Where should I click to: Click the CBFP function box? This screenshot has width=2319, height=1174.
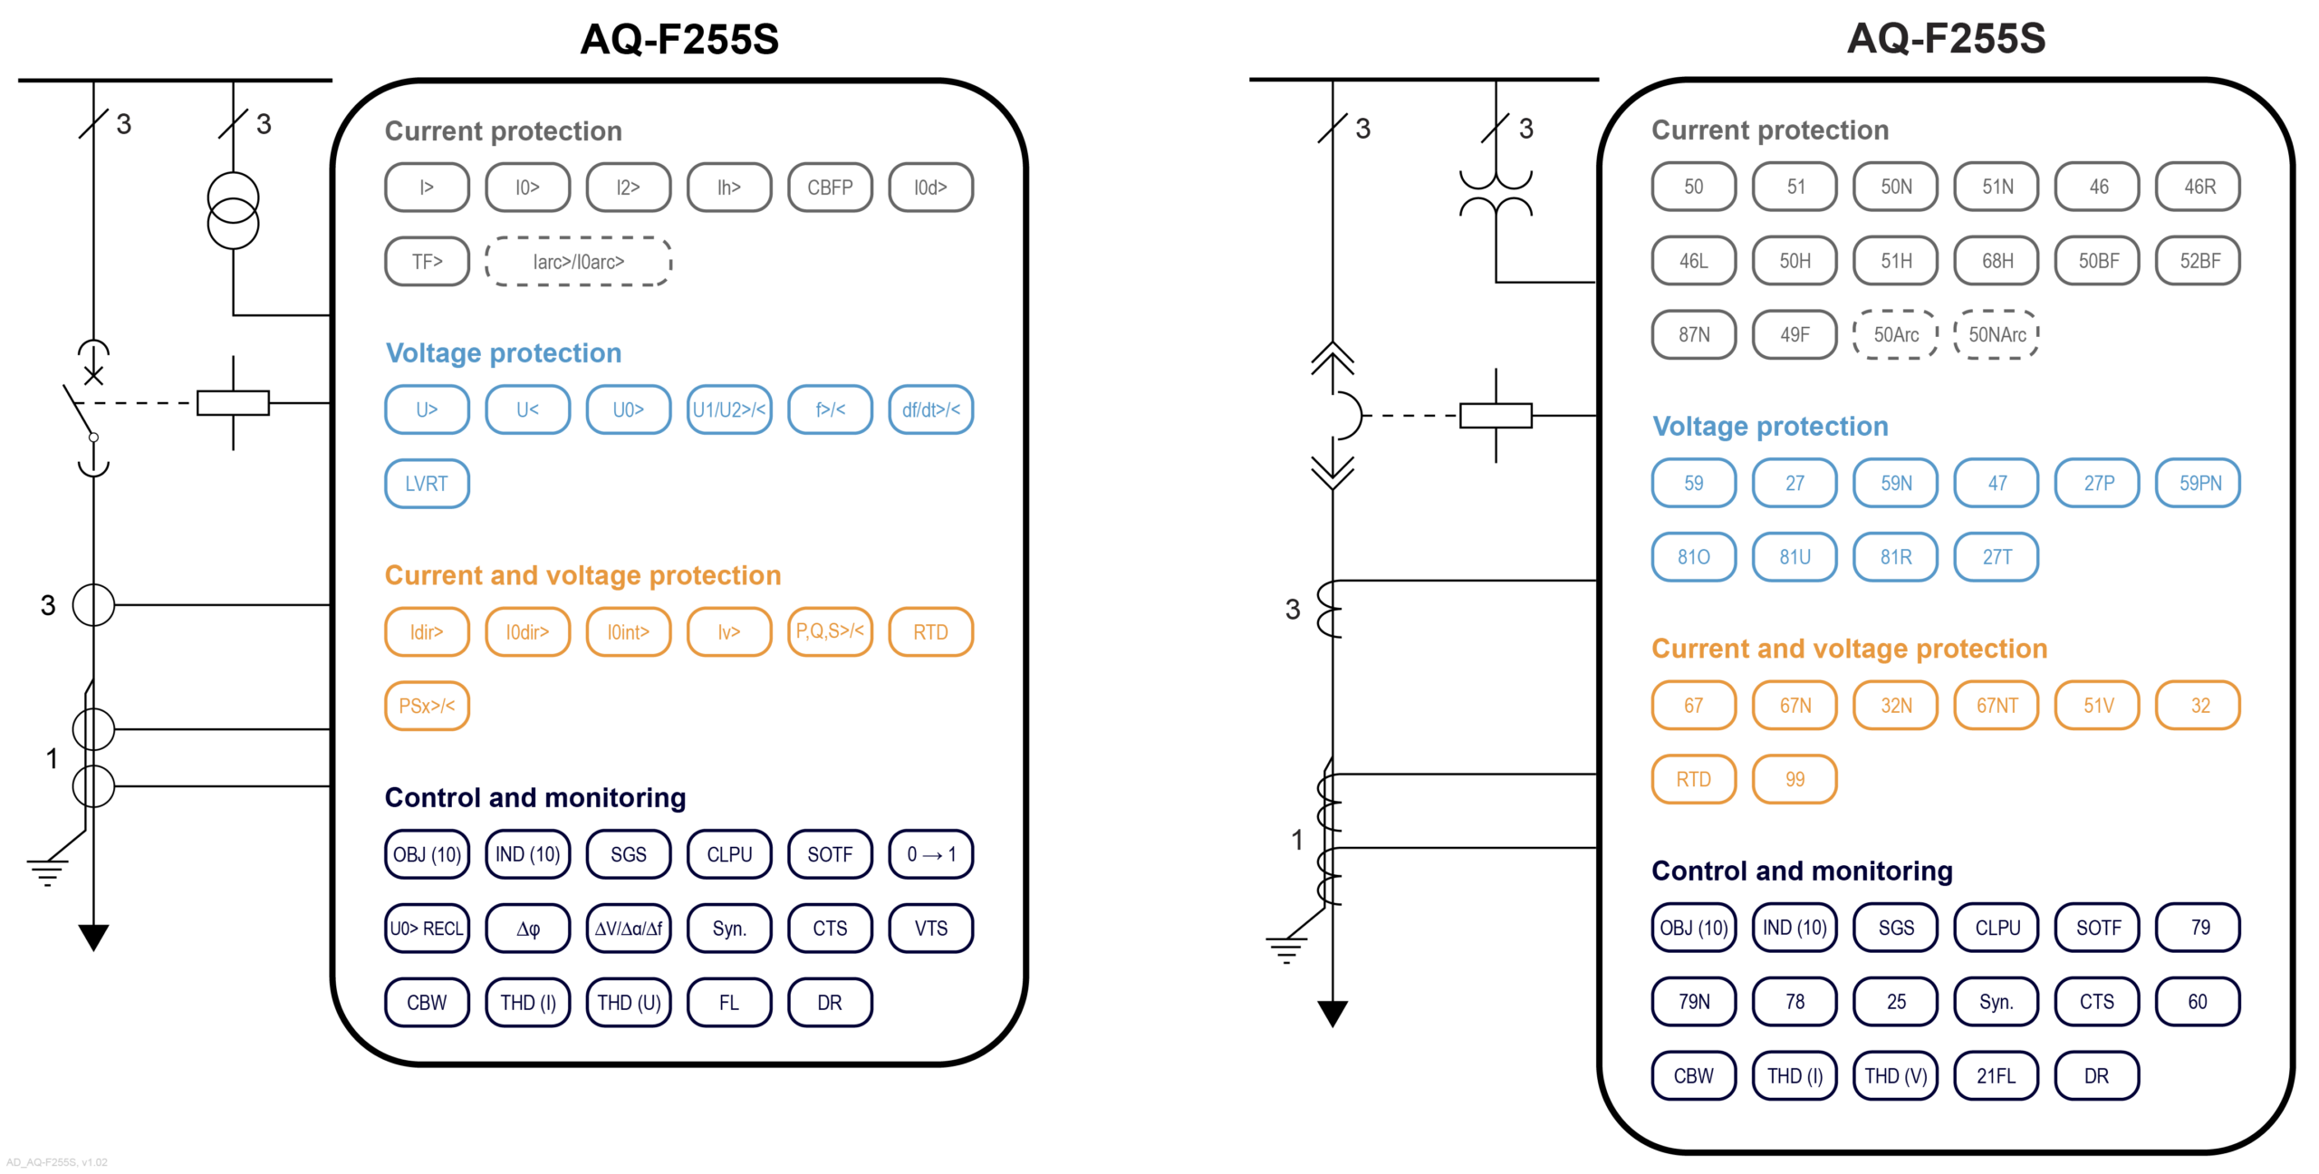(830, 188)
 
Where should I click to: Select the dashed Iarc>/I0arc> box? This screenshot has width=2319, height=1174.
(578, 262)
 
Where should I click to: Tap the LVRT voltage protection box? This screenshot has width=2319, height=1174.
(427, 484)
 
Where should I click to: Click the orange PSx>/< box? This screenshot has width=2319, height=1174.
(427, 706)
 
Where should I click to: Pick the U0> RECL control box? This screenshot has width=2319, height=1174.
(427, 929)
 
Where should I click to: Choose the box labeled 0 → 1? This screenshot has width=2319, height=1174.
(930, 854)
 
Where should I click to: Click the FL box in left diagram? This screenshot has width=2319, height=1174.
(728, 1003)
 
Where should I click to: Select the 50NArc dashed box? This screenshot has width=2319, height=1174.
(1997, 335)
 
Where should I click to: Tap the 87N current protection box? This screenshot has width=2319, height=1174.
(1693, 335)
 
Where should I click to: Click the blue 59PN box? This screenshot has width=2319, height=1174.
(2199, 483)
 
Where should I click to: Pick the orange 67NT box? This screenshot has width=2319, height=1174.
(1997, 706)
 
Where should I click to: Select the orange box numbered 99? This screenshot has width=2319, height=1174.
(1795, 779)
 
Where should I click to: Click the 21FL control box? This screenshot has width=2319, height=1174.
(1997, 1076)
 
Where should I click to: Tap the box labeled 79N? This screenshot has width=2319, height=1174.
(1693, 1002)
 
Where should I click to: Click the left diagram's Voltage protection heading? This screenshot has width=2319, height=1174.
(504, 353)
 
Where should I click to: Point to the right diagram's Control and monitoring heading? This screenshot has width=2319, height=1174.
(1802, 871)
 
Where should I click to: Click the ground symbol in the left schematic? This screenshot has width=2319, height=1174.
(47, 871)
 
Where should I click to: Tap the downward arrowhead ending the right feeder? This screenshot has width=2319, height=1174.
(1332, 1013)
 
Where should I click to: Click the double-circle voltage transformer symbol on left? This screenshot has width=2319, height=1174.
(233, 211)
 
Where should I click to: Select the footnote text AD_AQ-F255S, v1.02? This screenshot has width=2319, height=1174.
(57, 1162)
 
